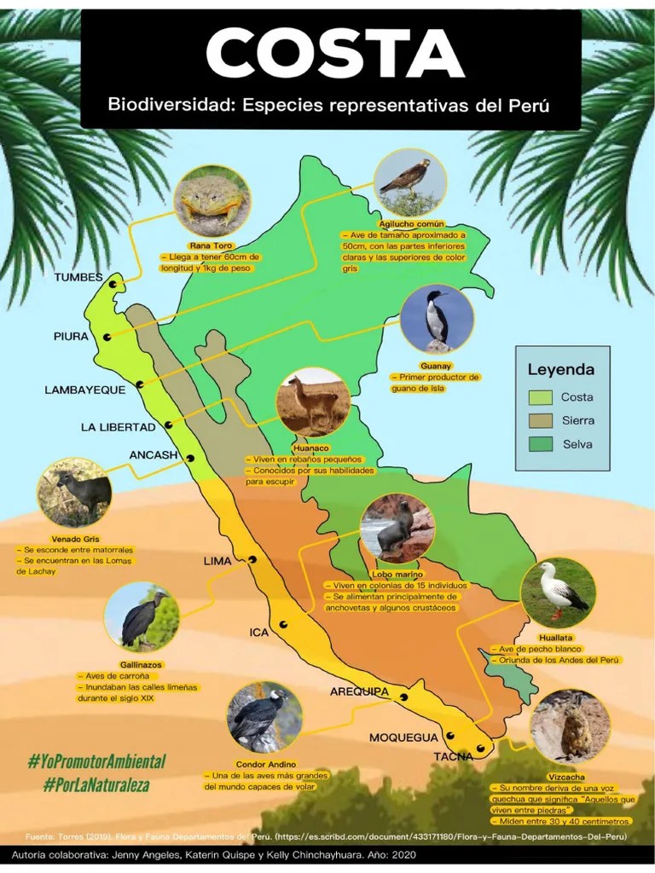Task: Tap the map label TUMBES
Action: click(x=78, y=278)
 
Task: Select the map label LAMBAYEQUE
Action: click(x=85, y=390)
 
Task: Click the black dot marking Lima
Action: click(x=252, y=559)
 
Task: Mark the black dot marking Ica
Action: click(x=284, y=625)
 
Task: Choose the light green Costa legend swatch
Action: click(x=540, y=397)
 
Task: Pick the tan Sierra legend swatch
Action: click(x=540, y=420)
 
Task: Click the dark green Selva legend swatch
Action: click(x=540, y=444)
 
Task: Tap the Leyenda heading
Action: click(x=560, y=370)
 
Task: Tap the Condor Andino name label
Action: click(x=266, y=764)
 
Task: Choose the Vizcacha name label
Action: click(x=567, y=777)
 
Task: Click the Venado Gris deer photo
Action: click(x=74, y=493)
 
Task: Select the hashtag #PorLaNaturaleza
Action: click(x=96, y=783)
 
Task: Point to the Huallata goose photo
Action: click(x=558, y=593)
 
